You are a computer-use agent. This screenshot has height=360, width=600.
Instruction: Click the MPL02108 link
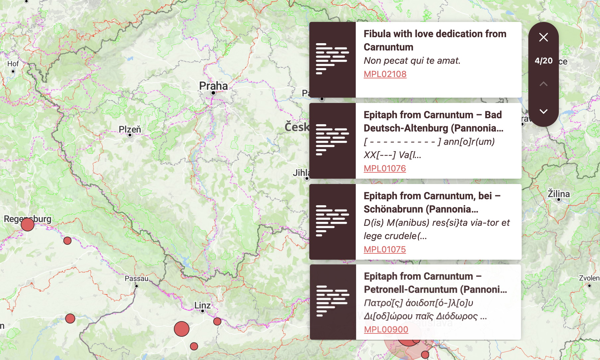(385, 74)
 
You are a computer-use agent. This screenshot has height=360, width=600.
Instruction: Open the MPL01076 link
(385, 168)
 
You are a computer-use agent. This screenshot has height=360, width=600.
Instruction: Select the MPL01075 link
(385, 249)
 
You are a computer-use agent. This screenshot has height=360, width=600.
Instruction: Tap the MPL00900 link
(386, 329)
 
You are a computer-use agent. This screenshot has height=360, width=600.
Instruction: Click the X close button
(543, 37)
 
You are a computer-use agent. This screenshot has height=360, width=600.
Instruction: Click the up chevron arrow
(543, 84)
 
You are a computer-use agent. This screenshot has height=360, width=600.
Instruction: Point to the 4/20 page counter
(543, 61)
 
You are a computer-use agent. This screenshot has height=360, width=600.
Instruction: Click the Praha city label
(213, 86)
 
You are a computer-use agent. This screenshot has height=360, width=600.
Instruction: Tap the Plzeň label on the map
(130, 129)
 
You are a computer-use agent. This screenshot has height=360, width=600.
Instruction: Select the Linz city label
(202, 305)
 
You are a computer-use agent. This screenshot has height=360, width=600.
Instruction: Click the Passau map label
(136, 278)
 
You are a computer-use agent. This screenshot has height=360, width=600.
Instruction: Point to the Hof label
(13, 64)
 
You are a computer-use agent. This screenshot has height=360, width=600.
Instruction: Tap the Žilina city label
(559, 194)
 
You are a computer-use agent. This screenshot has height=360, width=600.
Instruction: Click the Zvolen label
(589, 278)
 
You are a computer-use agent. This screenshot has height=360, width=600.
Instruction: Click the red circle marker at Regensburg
(28, 225)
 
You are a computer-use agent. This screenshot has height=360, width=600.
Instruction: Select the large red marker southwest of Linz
(182, 329)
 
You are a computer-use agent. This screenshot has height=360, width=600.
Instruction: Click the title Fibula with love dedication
(435, 40)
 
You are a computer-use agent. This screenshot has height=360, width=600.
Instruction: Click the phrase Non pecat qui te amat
(412, 60)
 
